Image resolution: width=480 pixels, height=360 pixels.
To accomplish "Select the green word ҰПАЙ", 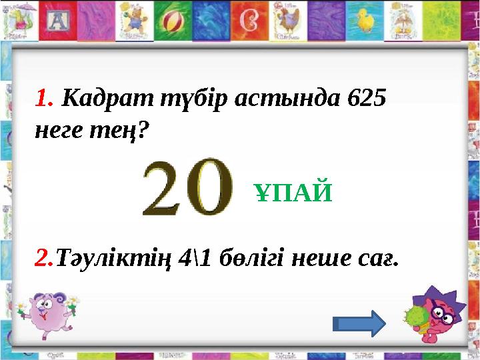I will pos(293,194).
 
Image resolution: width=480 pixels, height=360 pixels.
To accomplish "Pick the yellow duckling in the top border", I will pos(366,21).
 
